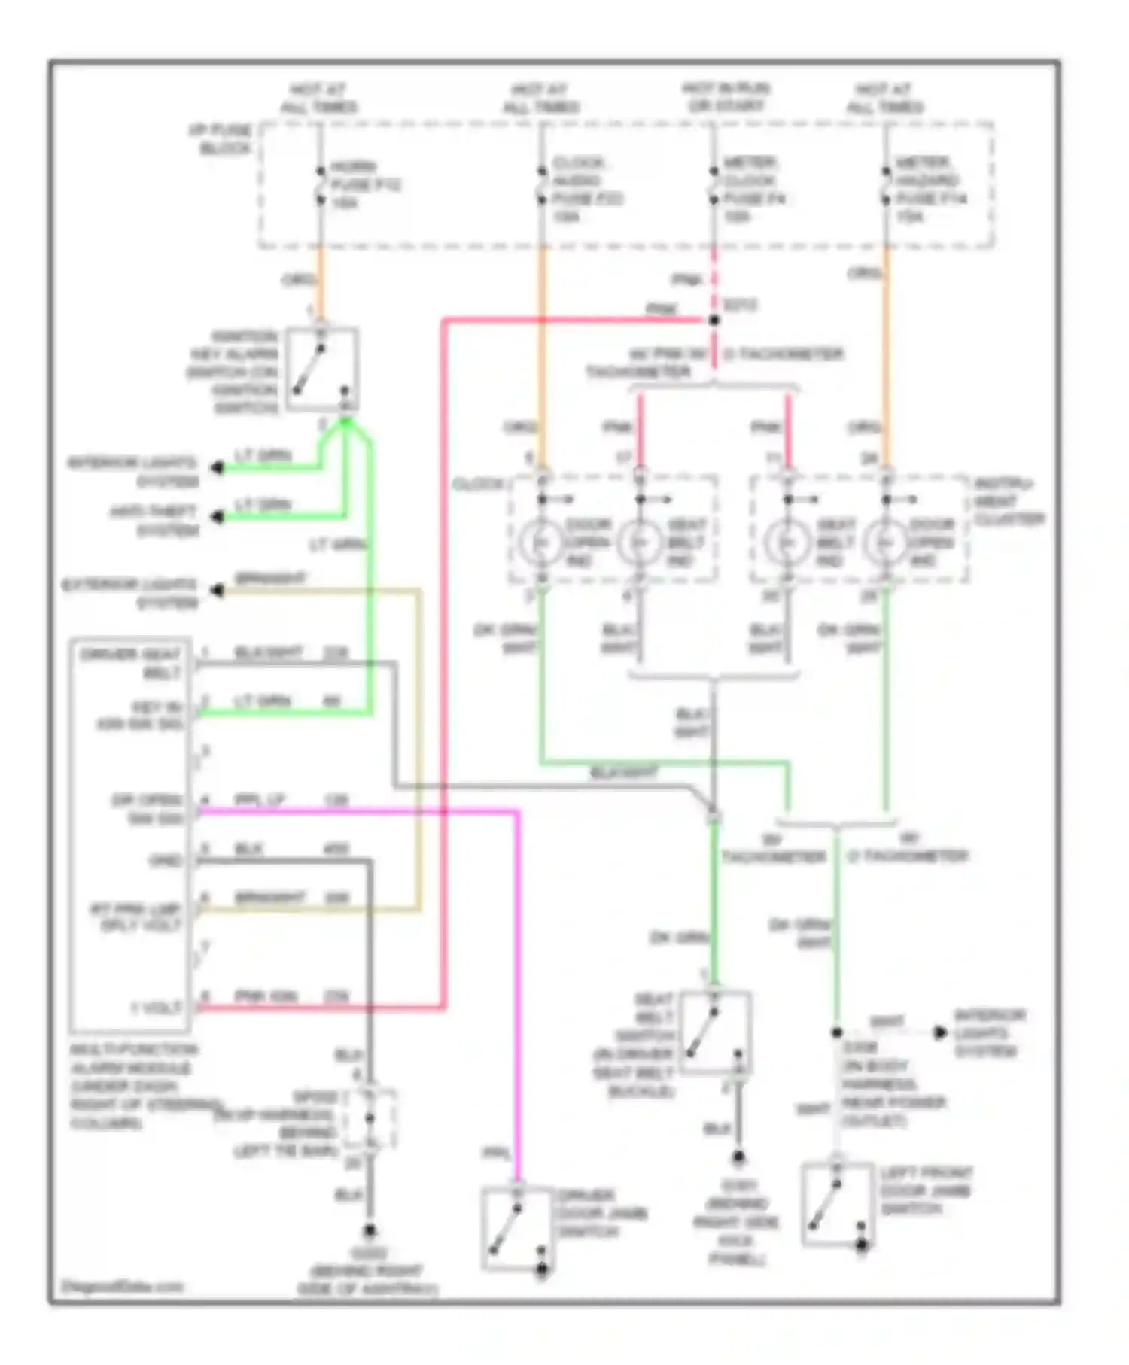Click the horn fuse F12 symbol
point(320,184)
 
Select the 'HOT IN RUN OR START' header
point(726,98)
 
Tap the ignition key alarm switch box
point(321,369)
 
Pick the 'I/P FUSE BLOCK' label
point(221,139)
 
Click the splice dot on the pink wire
point(714,320)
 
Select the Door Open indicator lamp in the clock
point(540,542)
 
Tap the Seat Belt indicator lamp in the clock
point(639,542)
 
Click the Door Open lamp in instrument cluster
point(886,542)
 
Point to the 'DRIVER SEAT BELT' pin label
point(131,663)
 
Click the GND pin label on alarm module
point(166,860)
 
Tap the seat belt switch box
point(714,1031)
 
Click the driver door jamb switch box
point(518,1229)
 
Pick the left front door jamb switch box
point(837,1204)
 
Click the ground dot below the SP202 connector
point(370,1232)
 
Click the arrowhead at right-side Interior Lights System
point(940,1033)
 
